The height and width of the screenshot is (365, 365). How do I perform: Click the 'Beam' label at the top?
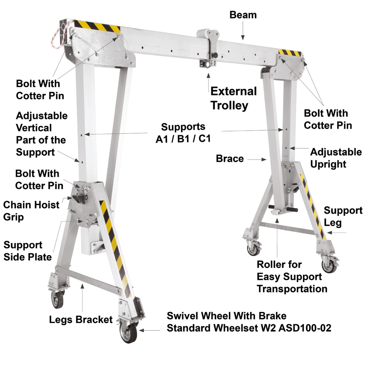point(243,15)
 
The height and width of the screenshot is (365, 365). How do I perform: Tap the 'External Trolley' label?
point(234,98)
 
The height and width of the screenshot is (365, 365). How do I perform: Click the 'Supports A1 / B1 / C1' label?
point(183,133)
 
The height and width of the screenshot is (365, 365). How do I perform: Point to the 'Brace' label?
point(230,159)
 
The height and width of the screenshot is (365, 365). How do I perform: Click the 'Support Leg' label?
point(343,216)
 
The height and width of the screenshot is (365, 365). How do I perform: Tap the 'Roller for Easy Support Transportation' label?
point(292,277)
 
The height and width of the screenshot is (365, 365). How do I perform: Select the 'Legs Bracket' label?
point(81,320)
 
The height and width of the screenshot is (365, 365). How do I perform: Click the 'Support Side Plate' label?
point(27,251)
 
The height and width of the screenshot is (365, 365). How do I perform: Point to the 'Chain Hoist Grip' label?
point(31,211)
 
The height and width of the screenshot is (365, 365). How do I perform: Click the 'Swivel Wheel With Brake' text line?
point(226,316)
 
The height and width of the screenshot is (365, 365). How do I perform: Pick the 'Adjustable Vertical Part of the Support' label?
point(41,134)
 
